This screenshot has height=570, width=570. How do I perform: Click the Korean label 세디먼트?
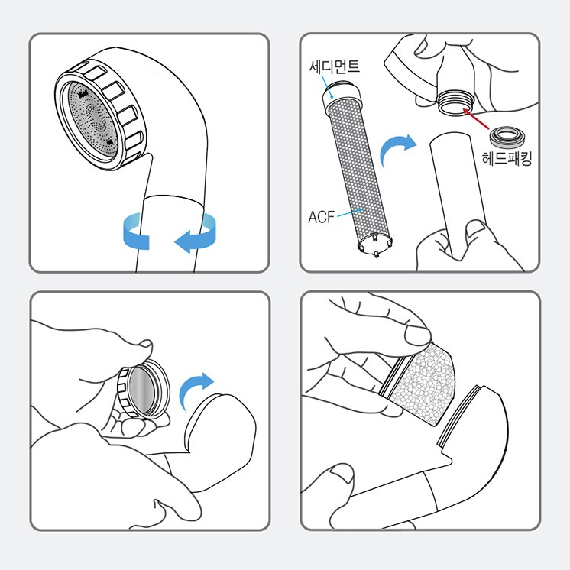pyautogui.click(x=335, y=66)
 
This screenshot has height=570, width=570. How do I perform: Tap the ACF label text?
pyautogui.click(x=321, y=217)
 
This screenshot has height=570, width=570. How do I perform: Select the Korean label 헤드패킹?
pyautogui.click(x=507, y=158)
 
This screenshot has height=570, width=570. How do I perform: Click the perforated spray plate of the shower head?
pyautogui.click(x=92, y=120)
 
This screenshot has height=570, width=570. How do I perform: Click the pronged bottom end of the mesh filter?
pyautogui.click(x=375, y=245)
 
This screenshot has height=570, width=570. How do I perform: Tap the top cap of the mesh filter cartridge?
pyautogui.click(x=342, y=96)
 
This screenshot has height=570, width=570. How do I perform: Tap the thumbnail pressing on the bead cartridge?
pyautogui.click(x=417, y=335)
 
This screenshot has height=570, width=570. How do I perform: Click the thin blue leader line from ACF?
pyautogui.click(x=349, y=212)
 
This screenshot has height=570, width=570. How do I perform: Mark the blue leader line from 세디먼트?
pyautogui.click(x=327, y=86)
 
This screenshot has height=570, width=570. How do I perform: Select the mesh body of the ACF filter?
pyautogui.click(x=358, y=170)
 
